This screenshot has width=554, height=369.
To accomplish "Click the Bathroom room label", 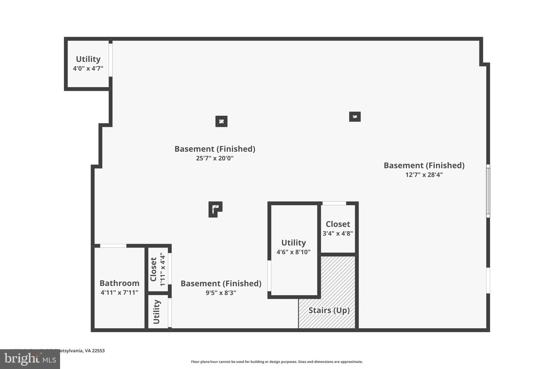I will (x=119, y=283).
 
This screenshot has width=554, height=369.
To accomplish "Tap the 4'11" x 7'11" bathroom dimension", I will (x=119, y=293).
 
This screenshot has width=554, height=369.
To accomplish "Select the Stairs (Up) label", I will (x=329, y=310).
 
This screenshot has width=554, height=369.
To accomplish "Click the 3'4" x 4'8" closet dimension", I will (x=338, y=233).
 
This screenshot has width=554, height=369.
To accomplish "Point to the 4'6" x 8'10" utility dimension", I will (x=293, y=252).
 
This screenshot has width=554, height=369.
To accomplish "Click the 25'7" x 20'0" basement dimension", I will (x=215, y=158).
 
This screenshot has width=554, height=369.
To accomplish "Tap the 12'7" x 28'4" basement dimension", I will (x=424, y=175).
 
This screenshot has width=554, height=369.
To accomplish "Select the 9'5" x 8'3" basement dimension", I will (x=221, y=293).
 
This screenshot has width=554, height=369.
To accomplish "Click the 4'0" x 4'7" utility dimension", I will (x=88, y=68).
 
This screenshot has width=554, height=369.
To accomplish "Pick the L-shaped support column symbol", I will (x=215, y=209).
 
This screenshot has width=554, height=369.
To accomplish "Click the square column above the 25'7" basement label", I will (x=221, y=121).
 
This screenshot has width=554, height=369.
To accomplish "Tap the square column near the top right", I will (x=355, y=116).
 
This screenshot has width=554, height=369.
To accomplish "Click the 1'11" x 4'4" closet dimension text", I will (x=162, y=269).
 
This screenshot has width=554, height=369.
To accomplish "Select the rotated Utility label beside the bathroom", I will (x=157, y=312).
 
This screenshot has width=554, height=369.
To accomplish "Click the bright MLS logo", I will (x=30, y=359).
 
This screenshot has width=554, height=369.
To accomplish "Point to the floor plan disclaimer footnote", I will (x=277, y=362).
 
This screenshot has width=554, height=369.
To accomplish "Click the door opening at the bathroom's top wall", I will (x=113, y=246).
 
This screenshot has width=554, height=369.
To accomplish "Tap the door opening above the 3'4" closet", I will (x=334, y=203).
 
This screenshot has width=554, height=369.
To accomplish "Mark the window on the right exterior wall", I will (x=488, y=191).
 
